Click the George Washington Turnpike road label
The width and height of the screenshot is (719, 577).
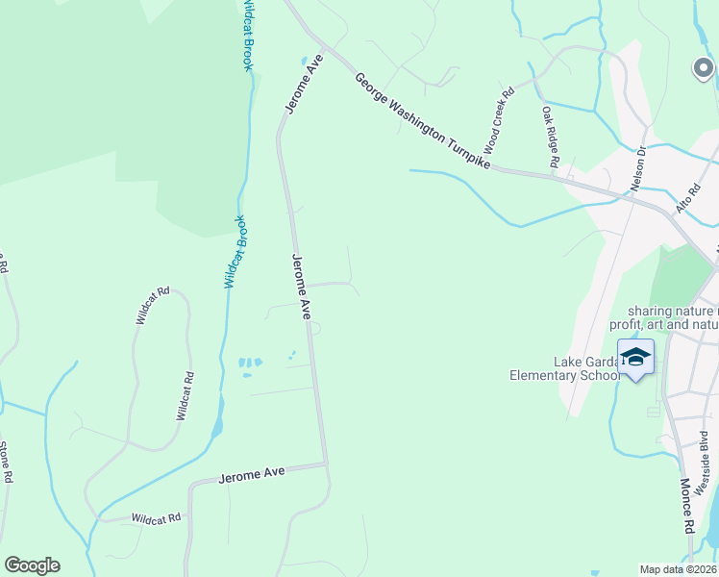pyautogui.click(x=423, y=122)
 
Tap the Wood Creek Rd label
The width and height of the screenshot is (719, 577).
pyautogui.click(x=499, y=121)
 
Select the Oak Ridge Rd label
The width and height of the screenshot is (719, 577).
pyautogui.click(x=550, y=137)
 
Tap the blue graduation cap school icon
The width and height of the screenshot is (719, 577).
pyautogui.click(x=635, y=358)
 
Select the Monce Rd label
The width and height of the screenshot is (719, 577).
pyautogui.click(x=686, y=506)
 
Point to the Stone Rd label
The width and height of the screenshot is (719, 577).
pyautogui.click(x=6, y=463)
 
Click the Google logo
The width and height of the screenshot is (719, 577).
pyautogui.click(x=32, y=565)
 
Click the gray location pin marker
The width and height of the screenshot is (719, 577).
pyautogui.click(x=703, y=69)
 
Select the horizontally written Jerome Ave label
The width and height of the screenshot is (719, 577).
pyautogui.click(x=253, y=474)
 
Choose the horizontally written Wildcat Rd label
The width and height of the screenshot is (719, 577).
pyautogui.click(x=157, y=517)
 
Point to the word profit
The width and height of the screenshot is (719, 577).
pyautogui.click(x=628, y=324)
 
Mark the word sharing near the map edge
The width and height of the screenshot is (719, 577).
pyautogui.click(x=650, y=311)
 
